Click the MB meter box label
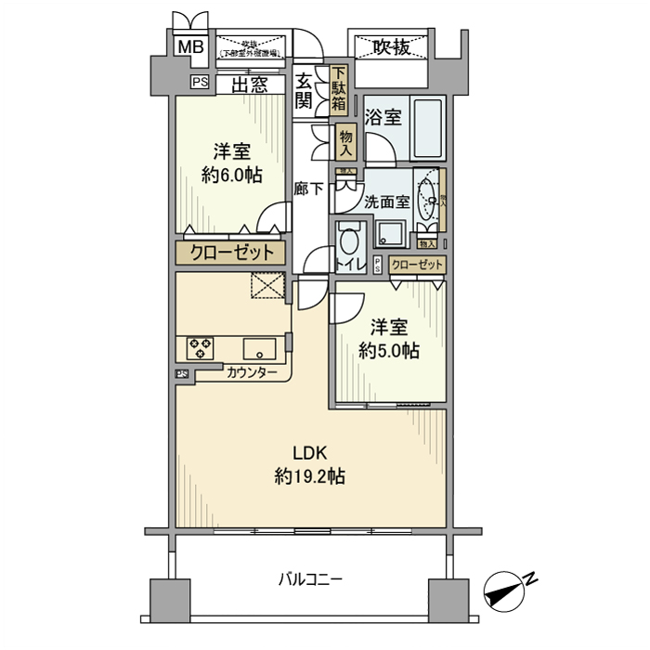point(189,46)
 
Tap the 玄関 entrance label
point(304,91)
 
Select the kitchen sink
point(259,349)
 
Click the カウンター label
point(251,373)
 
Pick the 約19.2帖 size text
point(310,476)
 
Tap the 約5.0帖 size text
point(389,351)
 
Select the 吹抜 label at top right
point(391,46)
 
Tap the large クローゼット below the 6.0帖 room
point(232,253)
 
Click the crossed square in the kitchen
point(269,286)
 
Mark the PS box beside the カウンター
point(181,373)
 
